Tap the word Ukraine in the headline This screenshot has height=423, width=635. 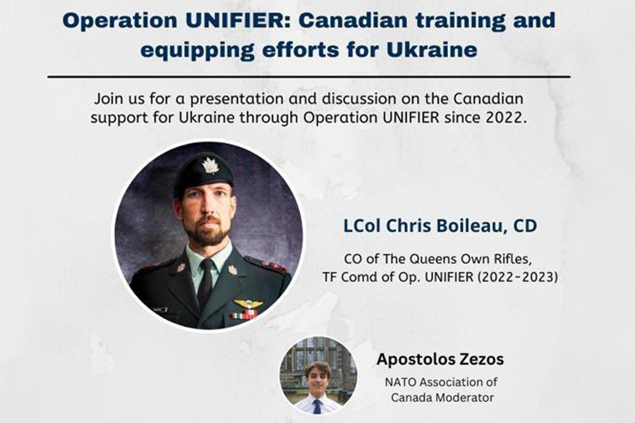[432, 50]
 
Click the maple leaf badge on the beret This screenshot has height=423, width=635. [210, 165]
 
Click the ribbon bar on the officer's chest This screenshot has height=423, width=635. [244, 314]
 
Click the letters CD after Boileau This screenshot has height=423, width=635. [525, 226]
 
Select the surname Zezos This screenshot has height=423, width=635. [479, 359]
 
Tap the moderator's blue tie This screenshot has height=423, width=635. [317, 405]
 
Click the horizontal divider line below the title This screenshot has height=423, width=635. [309, 76]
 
